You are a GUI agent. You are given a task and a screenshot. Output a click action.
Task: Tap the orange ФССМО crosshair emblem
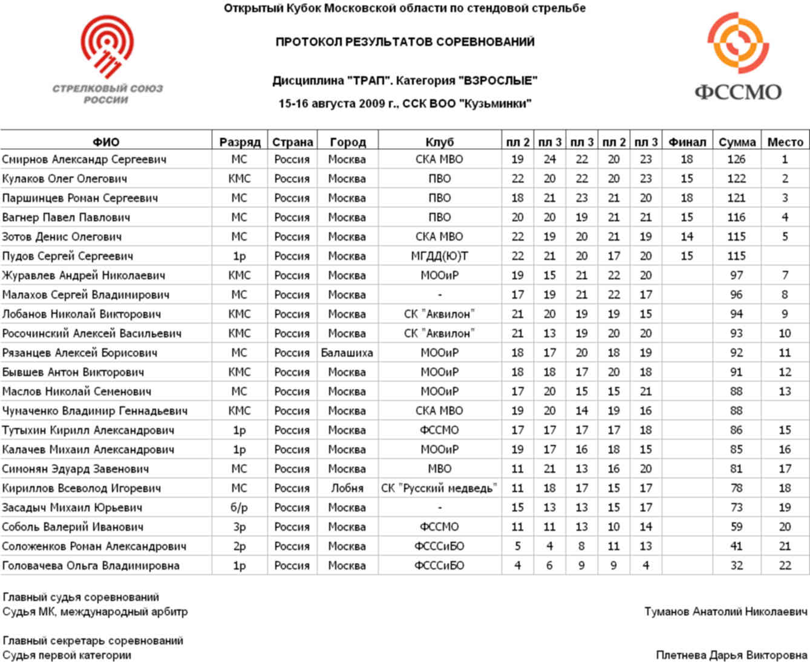click(737, 44)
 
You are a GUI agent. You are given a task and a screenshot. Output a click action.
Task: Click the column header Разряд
click(240, 142)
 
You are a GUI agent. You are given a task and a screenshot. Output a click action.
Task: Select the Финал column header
click(687, 142)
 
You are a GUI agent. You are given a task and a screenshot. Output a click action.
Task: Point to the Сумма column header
click(737, 142)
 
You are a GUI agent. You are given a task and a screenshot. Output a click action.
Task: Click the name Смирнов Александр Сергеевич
click(84, 160)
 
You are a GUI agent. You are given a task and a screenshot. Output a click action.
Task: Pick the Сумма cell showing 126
click(736, 160)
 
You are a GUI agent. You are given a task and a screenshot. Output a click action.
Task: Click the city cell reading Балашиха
click(347, 353)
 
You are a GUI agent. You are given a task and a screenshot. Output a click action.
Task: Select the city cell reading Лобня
click(347, 488)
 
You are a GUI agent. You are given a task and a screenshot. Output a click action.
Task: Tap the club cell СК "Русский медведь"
click(439, 488)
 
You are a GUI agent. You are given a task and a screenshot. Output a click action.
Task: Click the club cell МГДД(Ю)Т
click(439, 256)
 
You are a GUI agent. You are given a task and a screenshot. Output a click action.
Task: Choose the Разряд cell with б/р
click(239, 508)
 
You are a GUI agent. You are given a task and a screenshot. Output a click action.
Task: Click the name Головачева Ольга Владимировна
click(91, 566)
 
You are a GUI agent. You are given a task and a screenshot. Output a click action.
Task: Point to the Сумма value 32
click(736, 566)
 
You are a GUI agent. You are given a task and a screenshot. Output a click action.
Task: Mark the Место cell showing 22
click(785, 566)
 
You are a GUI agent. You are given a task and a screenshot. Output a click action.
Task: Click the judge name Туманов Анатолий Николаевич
click(725, 612)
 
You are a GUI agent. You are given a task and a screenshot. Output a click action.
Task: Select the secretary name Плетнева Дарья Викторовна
click(731, 655)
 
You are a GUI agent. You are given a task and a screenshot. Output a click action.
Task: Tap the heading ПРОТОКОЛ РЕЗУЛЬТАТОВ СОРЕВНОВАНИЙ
click(405, 42)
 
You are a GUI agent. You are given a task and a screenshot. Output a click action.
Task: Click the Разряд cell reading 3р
click(239, 527)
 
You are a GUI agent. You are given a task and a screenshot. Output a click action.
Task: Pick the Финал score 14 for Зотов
click(687, 237)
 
